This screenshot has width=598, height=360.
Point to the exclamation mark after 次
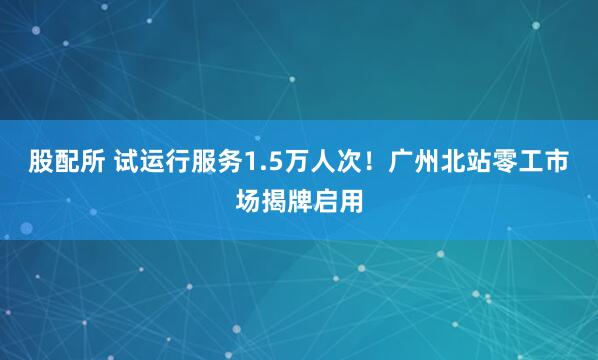(383, 160)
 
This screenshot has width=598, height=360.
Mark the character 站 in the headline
(495, 160)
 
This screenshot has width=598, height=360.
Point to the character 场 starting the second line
(247, 201)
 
